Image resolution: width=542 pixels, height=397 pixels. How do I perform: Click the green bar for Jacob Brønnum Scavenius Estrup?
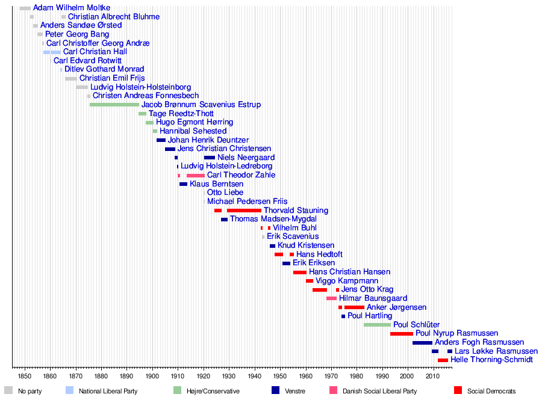point(114,105)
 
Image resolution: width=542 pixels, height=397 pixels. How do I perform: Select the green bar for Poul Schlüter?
point(377,325)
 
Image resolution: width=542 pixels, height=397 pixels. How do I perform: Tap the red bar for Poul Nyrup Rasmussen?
point(402,333)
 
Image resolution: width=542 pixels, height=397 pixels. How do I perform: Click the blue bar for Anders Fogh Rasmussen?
point(422,342)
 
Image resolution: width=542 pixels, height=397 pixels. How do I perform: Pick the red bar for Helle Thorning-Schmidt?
point(443,360)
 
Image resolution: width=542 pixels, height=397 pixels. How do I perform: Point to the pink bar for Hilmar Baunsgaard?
point(331,298)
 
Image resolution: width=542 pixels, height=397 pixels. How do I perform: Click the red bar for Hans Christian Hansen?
point(300,272)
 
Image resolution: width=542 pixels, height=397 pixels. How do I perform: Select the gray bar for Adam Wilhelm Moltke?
point(25,8)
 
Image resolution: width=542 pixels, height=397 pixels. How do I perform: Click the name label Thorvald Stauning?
point(296,211)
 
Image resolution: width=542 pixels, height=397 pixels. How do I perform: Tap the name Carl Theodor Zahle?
point(241,175)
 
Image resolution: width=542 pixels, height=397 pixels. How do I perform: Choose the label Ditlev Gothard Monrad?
point(104,69)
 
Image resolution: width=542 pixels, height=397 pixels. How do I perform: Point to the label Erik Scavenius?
point(293,236)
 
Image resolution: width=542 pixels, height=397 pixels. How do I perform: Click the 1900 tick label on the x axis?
point(152,376)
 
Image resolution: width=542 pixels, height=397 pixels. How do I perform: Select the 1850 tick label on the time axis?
point(25,376)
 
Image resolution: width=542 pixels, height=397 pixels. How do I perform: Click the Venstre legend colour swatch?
point(275,390)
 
